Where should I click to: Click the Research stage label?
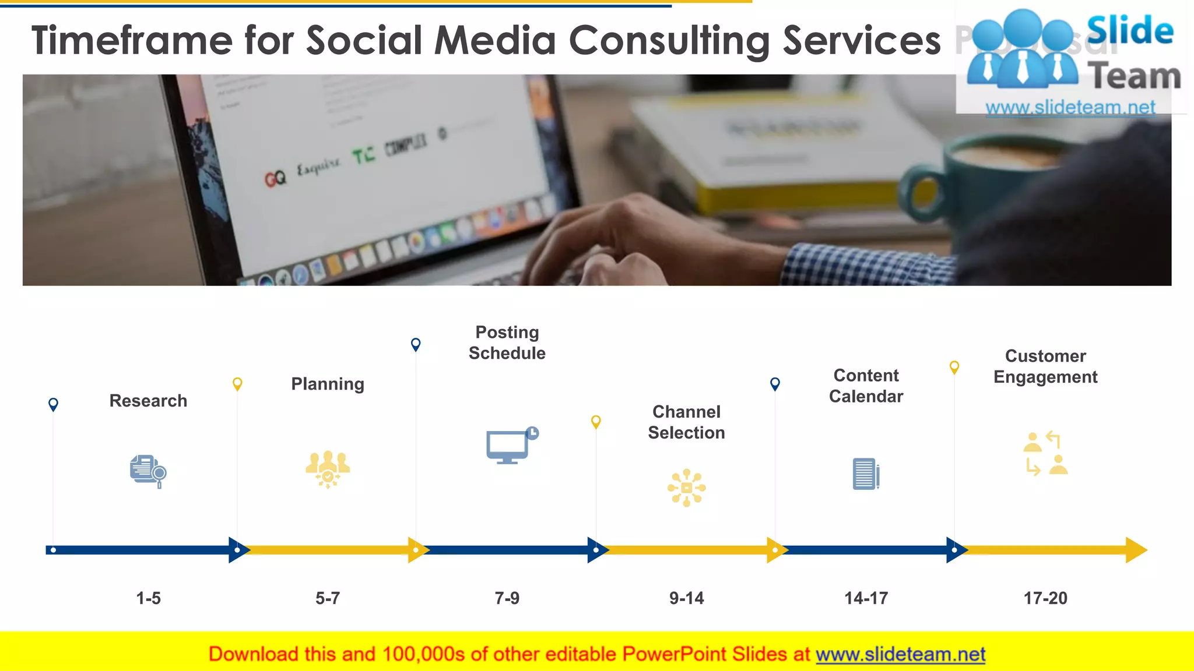click(x=148, y=401)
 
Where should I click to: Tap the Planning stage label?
click(x=328, y=384)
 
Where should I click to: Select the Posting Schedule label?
click(x=507, y=342)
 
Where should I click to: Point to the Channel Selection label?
click(x=686, y=422)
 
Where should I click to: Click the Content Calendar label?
click(x=866, y=386)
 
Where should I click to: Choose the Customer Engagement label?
click(x=1045, y=366)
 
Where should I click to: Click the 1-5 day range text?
click(x=148, y=598)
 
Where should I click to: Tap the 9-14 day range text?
click(x=686, y=598)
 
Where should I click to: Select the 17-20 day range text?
click(x=1045, y=598)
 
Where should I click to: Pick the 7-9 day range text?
click(x=507, y=598)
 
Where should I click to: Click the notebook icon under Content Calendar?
click(x=866, y=474)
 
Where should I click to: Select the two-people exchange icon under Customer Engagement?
click(x=1045, y=454)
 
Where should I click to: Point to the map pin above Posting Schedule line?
click(x=416, y=344)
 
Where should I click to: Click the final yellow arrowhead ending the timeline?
click(x=1135, y=550)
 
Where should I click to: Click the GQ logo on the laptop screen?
click(x=275, y=178)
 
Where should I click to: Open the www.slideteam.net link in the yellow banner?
click(x=900, y=654)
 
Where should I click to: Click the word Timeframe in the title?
click(x=132, y=40)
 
